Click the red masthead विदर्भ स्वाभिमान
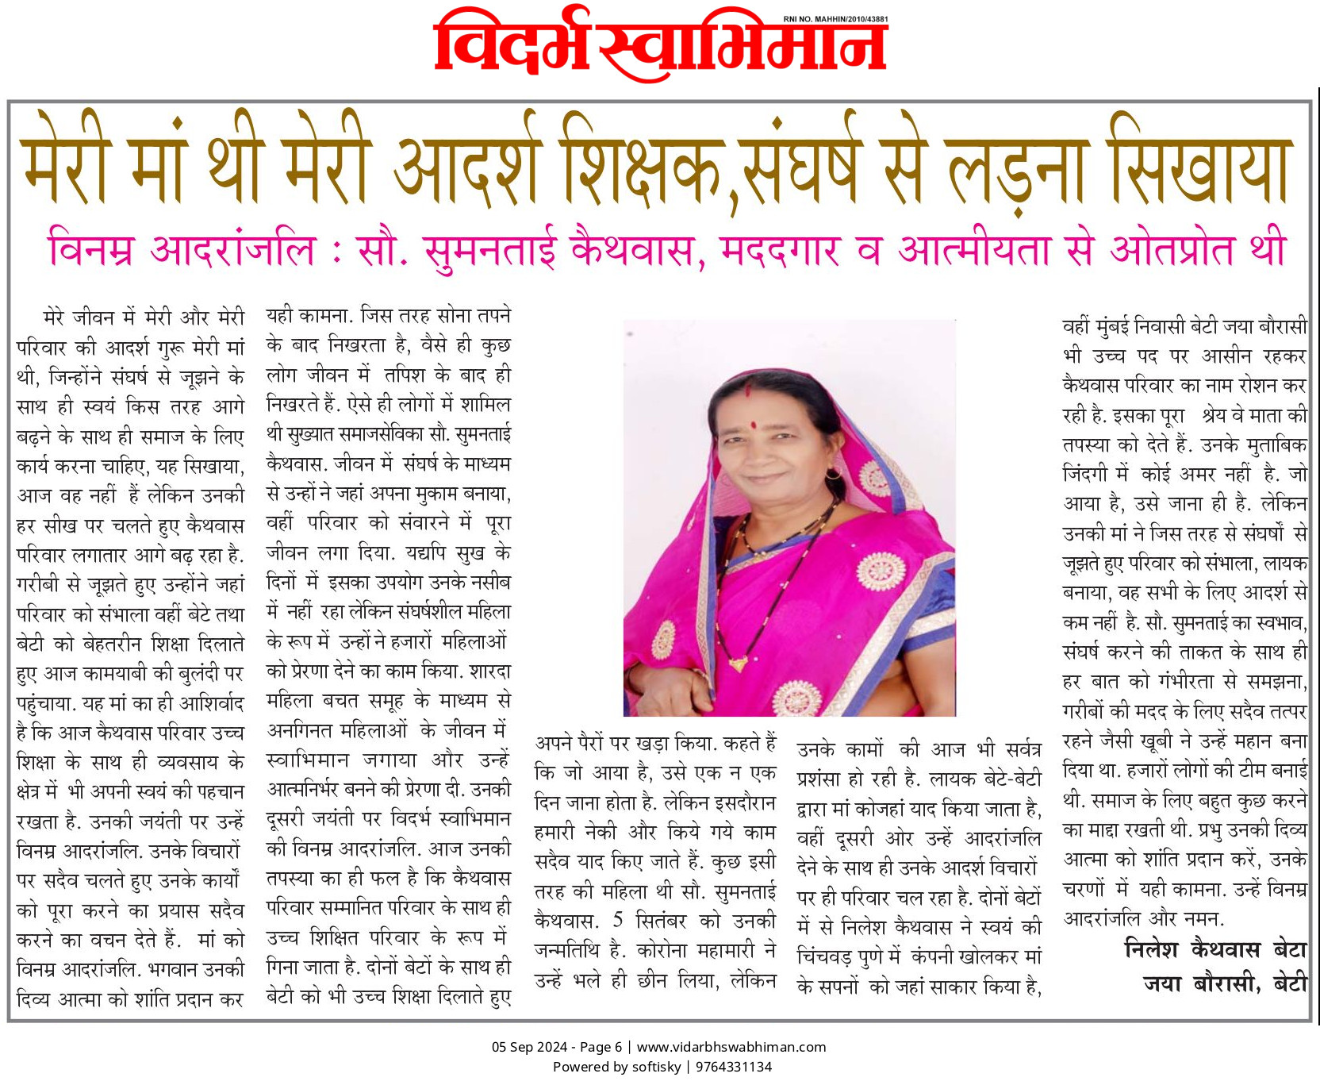(x=660, y=46)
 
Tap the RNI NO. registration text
(x=835, y=19)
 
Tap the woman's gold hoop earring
(x=833, y=473)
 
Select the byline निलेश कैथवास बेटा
(x=1215, y=949)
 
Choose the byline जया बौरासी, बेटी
(x=1225, y=984)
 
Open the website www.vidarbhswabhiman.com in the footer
(x=731, y=1047)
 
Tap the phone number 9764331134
(x=734, y=1067)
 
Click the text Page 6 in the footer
(x=601, y=1047)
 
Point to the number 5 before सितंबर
(x=618, y=921)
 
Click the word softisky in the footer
(x=655, y=1067)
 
